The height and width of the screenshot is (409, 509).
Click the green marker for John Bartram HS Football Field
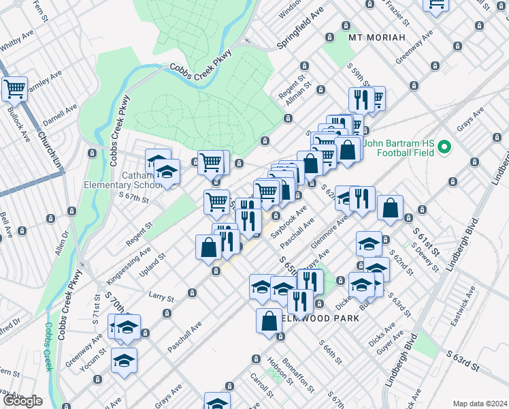pos(444,147)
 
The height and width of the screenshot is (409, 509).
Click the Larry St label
pos(161,297)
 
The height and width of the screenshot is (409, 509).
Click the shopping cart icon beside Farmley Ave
pos(14,88)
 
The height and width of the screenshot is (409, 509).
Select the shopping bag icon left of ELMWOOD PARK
pos(269,321)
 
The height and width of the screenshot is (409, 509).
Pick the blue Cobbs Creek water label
pos(47,347)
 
